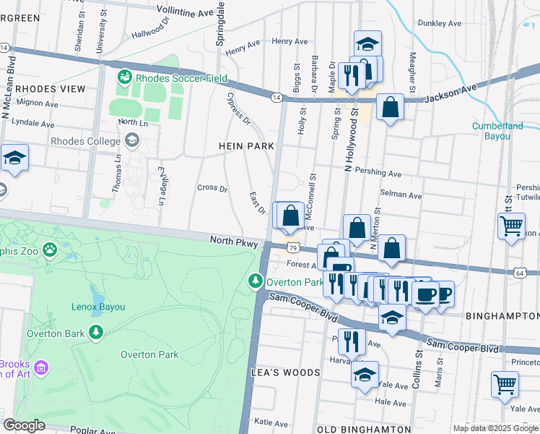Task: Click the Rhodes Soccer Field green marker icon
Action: pos(124,76)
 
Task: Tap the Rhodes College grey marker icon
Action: pos(131,141)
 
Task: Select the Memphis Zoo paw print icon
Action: pos(50,250)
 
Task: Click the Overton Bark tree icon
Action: pos(96,333)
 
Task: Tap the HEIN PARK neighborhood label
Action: pos(246,146)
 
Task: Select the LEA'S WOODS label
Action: pos(285,373)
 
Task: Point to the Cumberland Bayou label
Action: pos(497,131)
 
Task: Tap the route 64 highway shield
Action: pos(521,273)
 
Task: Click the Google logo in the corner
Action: pos(25,425)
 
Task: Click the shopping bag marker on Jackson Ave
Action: pos(390,108)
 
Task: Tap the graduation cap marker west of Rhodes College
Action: pos(14,158)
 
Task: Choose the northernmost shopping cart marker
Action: pos(511,225)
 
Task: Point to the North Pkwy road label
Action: pos(234,244)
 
